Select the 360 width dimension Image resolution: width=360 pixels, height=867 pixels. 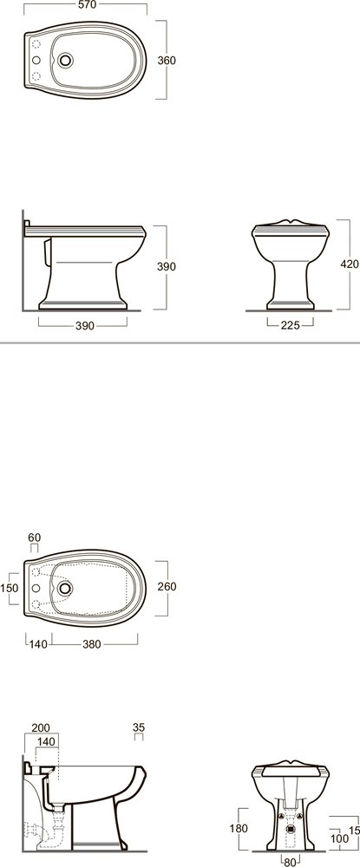click(x=167, y=61)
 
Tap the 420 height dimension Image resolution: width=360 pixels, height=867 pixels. click(x=350, y=264)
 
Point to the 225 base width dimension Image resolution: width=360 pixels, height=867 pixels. click(x=290, y=326)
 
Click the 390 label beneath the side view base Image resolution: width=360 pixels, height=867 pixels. click(x=85, y=326)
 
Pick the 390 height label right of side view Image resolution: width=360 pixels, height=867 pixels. click(x=167, y=266)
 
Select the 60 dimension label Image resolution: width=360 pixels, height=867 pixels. click(x=35, y=538)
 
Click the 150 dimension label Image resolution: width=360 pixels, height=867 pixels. click(x=10, y=589)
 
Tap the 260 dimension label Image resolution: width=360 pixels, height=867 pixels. click(x=167, y=586)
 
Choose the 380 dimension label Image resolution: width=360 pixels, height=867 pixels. click(x=91, y=643)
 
